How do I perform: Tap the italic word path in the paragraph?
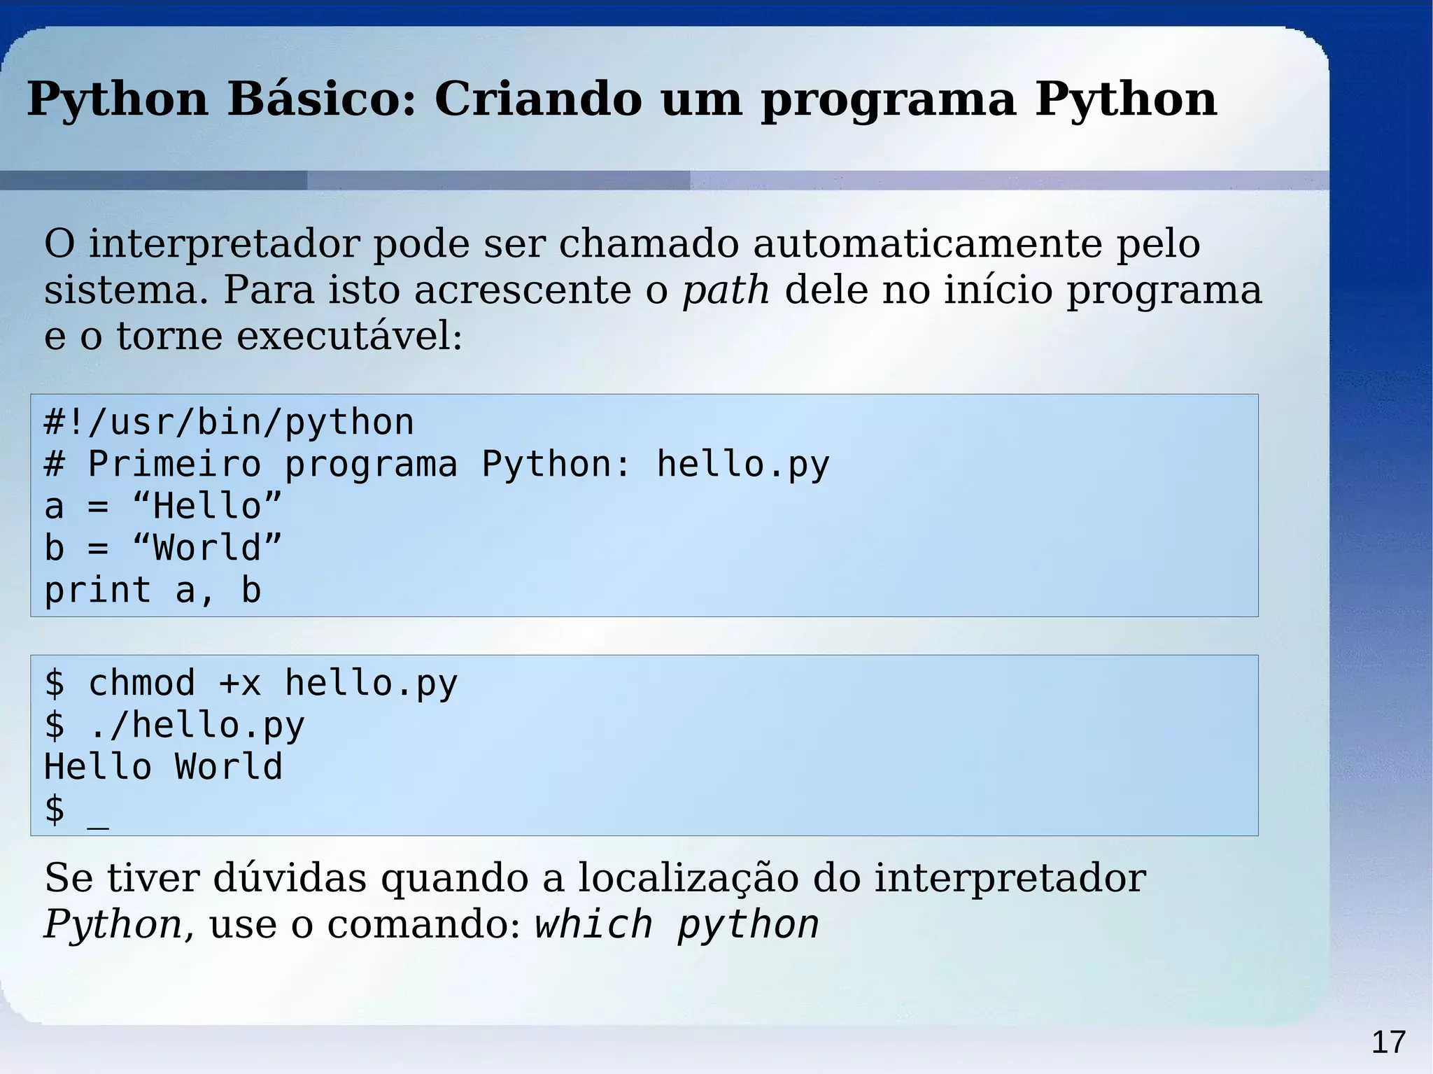tap(726, 290)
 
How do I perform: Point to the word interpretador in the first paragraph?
tap(223, 245)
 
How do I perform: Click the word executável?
tap(348, 337)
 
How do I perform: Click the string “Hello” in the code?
tap(207, 506)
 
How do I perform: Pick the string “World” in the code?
tap(207, 548)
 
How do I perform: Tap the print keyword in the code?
tap(97, 591)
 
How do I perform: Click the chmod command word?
tap(141, 684)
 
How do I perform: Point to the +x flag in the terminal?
tap(239, 684)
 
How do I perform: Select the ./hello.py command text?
tap(197, 726)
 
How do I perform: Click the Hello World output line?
tap(163, 767)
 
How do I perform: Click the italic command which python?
tap(677, 925)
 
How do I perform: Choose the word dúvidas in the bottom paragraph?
tap(289, 878)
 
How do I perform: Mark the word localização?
tap(688, 878)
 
